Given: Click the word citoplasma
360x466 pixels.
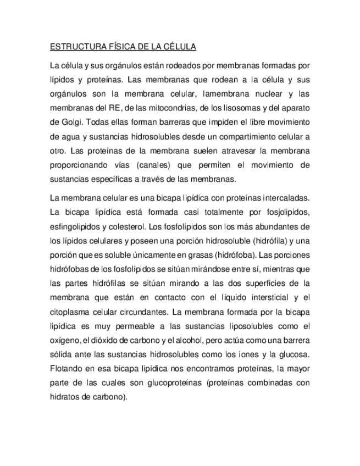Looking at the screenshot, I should tap(69, 312).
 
